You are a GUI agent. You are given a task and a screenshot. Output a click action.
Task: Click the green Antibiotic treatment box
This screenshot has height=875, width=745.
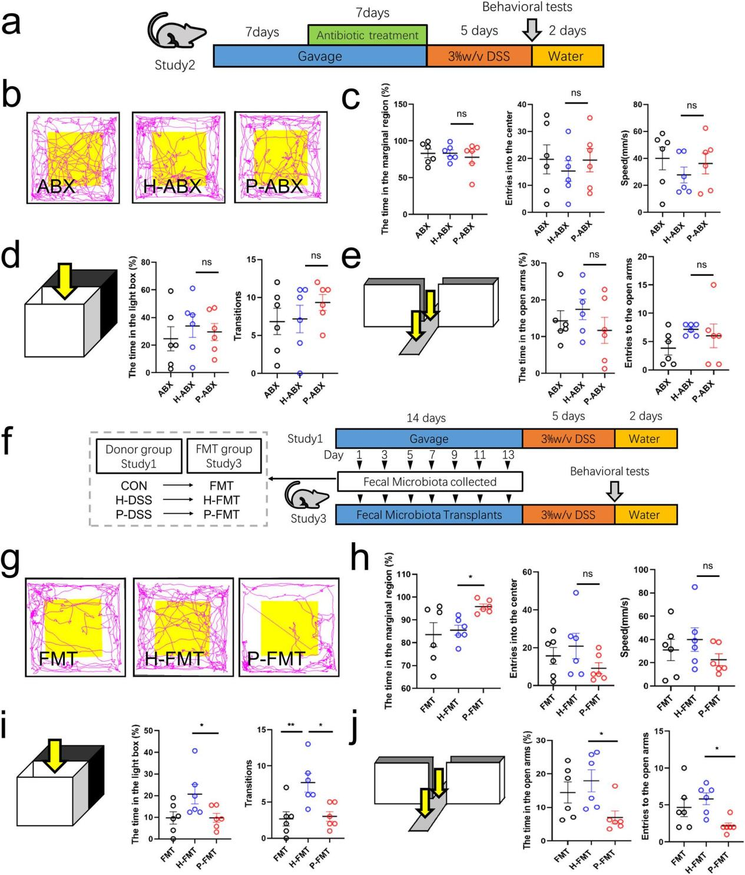pyautogui.click(x=367, y=35)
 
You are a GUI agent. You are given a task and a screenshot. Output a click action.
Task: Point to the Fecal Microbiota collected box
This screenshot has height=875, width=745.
pyautogui.click(x=429, y=481)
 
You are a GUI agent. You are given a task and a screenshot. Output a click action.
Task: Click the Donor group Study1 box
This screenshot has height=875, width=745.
pyautogui.click(x=138, y=456)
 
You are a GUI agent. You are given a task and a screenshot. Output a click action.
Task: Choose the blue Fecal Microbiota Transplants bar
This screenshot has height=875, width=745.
pyautogui.click(x=429, y=514)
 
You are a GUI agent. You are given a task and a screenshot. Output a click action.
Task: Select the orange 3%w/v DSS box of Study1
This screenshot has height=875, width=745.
pyautogui.click(x=568, y=438)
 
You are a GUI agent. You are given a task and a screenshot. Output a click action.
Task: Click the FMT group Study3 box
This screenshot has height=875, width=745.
pyautogui.click(x=224, y=456)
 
